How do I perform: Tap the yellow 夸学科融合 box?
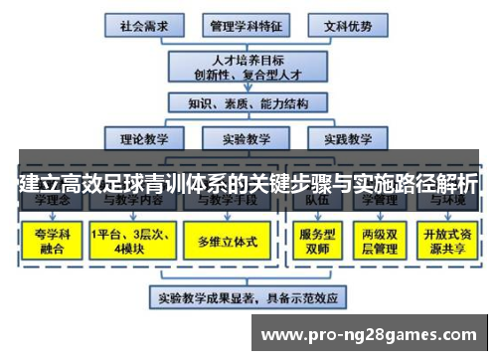click(49, 241)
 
